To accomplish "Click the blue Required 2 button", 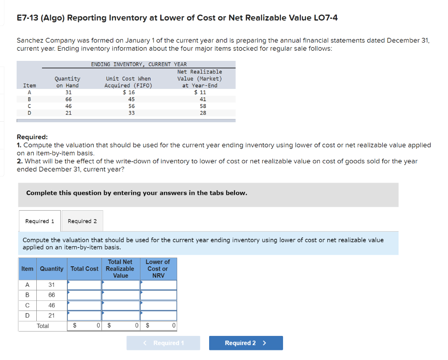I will pos(245,343).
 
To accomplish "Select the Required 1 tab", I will pos(40,221).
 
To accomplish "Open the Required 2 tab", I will pos(82,221).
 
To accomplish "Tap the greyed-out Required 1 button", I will pos(164,343).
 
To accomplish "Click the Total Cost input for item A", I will pos(84,285).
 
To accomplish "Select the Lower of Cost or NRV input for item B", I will pos(158,295).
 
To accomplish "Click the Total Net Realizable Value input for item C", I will pos(121,305).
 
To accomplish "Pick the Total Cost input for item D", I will pos(84,315).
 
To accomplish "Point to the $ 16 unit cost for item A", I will pos(129,92).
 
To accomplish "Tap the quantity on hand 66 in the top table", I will pos(68,99).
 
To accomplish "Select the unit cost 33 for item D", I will pos(132,113).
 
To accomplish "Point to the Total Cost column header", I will pos(84,268).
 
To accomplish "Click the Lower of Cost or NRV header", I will pos(158,268).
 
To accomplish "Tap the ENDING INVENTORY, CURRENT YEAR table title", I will pos(139,64).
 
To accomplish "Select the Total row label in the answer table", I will pos(43,326).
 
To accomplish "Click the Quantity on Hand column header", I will pos(67,82).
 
